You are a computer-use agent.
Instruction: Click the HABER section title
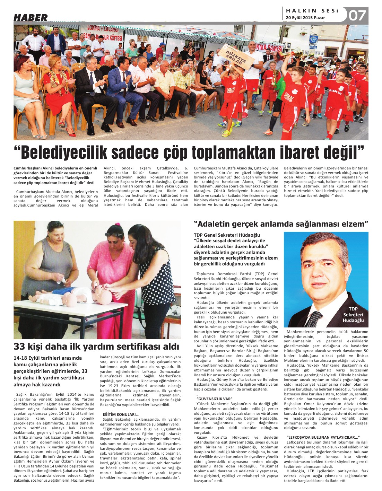pos(31,17)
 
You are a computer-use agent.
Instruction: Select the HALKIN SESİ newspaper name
pos(312,11)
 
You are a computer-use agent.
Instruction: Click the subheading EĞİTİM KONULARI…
pos(121,414)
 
